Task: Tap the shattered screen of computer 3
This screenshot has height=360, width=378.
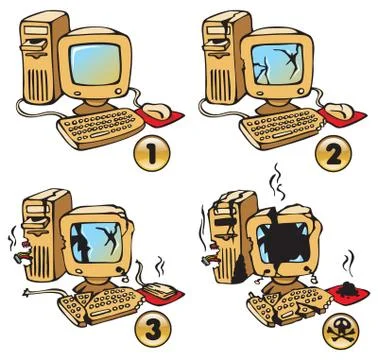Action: pyautogui.click(x=96, y=242)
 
